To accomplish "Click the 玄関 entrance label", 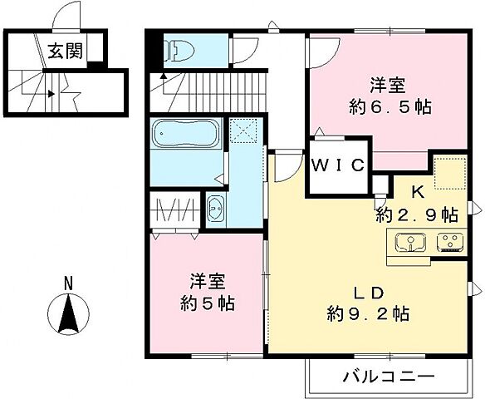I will [x=64, y=52].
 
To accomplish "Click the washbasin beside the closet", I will [x=215, y=209].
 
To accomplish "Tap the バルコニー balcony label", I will [x=388, y=377].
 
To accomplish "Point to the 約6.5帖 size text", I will [x=389, y=107].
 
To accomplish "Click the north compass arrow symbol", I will [x=70, y=313].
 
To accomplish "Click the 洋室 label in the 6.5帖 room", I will [x=389, y=85].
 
